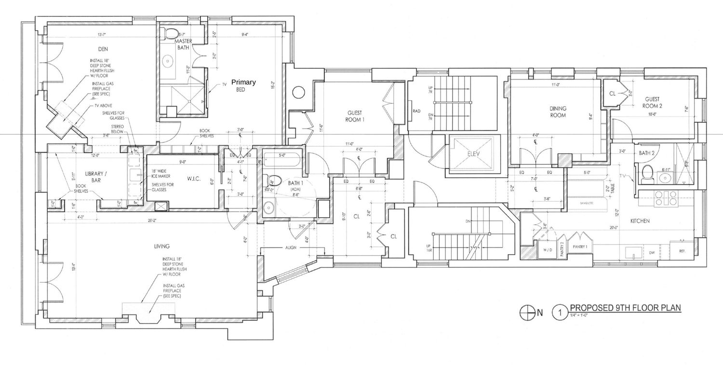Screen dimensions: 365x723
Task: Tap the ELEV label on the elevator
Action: point(472,155)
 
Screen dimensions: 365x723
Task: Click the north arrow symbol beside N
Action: point(525,313)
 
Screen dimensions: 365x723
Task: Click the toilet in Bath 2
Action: point(648,171)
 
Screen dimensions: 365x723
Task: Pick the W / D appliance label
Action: point(548,250)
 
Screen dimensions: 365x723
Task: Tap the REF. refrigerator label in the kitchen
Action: point(682,251)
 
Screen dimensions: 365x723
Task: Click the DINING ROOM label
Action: point(558,112)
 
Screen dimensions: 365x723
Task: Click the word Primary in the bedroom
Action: point(243,82)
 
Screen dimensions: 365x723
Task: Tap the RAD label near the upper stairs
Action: point(417,111)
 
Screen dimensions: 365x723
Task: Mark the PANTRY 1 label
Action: point(580,247)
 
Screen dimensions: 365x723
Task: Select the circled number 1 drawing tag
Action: point(560,313)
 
